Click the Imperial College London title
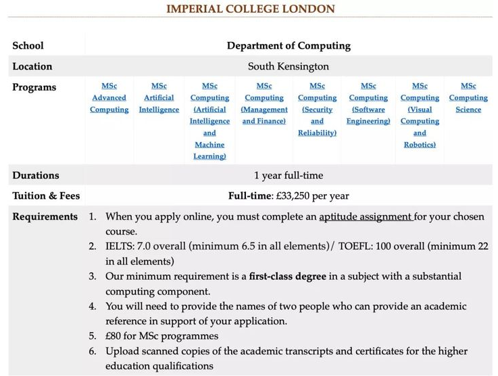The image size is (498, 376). pyautogui.click(x=250, y=9)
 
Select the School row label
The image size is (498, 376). pyautogui.click(x=28, y=45)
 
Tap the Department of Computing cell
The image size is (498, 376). pyautogui.click(x=289, y=45)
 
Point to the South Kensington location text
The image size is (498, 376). pyautogui.click(x=289, y=66)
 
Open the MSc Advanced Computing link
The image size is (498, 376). pyautogui.click(x=109, y=97)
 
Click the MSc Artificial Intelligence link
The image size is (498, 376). pyautogui.click(x=159, y=97)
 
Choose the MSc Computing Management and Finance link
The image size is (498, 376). pyautogui.click(x=264, y=103)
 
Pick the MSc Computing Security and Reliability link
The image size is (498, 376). pyautogui.click(x=317, y=110)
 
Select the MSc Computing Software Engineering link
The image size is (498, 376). pyautogui.click(x=368, y=103)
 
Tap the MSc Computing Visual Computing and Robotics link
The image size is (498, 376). pyautogui.click(x=420, y=115)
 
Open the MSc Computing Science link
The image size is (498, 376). pyautogui.click(x=468, y=97)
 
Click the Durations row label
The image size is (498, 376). pyautogui.click(x=36, y=175)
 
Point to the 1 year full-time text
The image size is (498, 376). pyautogui.click(x=289, y=175)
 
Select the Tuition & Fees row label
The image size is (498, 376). pyautogui.click(x=46, y=195)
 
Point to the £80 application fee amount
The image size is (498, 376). pyautogui.click(x=114, y=335)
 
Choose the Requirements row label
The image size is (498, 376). pyautogui.click(x=45, y=216)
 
